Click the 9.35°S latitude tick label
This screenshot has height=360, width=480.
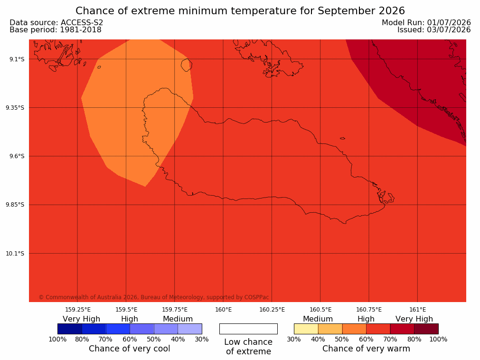(x=15, y=107)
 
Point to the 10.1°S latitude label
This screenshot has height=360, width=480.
(x=15, y=254)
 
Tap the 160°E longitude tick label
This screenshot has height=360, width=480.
(x=224, y=310)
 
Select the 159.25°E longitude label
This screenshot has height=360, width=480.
(x=78, y=310)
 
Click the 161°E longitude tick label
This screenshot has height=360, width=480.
(x=417, y=310)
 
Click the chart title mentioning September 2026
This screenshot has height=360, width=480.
(x=240, y=11)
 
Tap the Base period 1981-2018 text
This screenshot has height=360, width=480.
(x=56, y=30)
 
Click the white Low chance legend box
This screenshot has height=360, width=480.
(x=249, y=329)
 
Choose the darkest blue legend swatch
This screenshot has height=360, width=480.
(x=70, y=329)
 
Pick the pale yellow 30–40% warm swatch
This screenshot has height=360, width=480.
(x=306, y=329)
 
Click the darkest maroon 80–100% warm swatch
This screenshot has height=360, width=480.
(x=426, y=329)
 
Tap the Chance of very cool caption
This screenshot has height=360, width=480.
(x=130, y=349)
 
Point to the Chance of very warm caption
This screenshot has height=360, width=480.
(x=366, y=349)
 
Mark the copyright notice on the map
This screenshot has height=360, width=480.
(x=154, y=297)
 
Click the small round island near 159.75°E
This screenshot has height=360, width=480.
(x=187, y=65)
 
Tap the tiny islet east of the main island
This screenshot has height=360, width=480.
(x=342, y=138)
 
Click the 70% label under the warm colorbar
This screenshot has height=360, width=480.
(x=390, y=339)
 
